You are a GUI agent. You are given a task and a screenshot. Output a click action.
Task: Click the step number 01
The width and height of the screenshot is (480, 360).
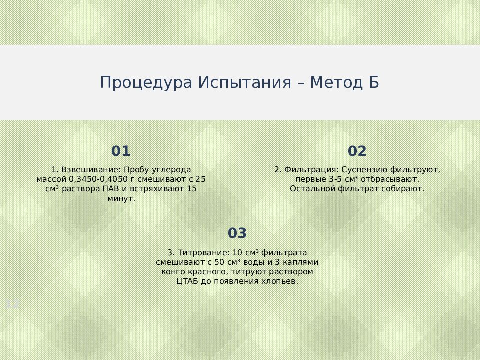[121, 151]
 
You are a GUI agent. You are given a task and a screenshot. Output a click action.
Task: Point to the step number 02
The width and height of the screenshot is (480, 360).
[357, 151]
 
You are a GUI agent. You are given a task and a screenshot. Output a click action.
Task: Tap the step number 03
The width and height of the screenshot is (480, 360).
[237, 233]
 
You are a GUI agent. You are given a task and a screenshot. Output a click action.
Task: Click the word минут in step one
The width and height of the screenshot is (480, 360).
[121, 198]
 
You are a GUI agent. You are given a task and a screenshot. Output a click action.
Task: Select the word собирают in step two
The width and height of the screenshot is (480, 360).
[403, 189]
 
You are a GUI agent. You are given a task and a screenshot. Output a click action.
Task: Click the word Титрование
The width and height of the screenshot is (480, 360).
[203, 252]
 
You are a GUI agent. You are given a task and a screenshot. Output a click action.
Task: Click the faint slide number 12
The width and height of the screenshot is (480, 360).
[12, 303]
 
